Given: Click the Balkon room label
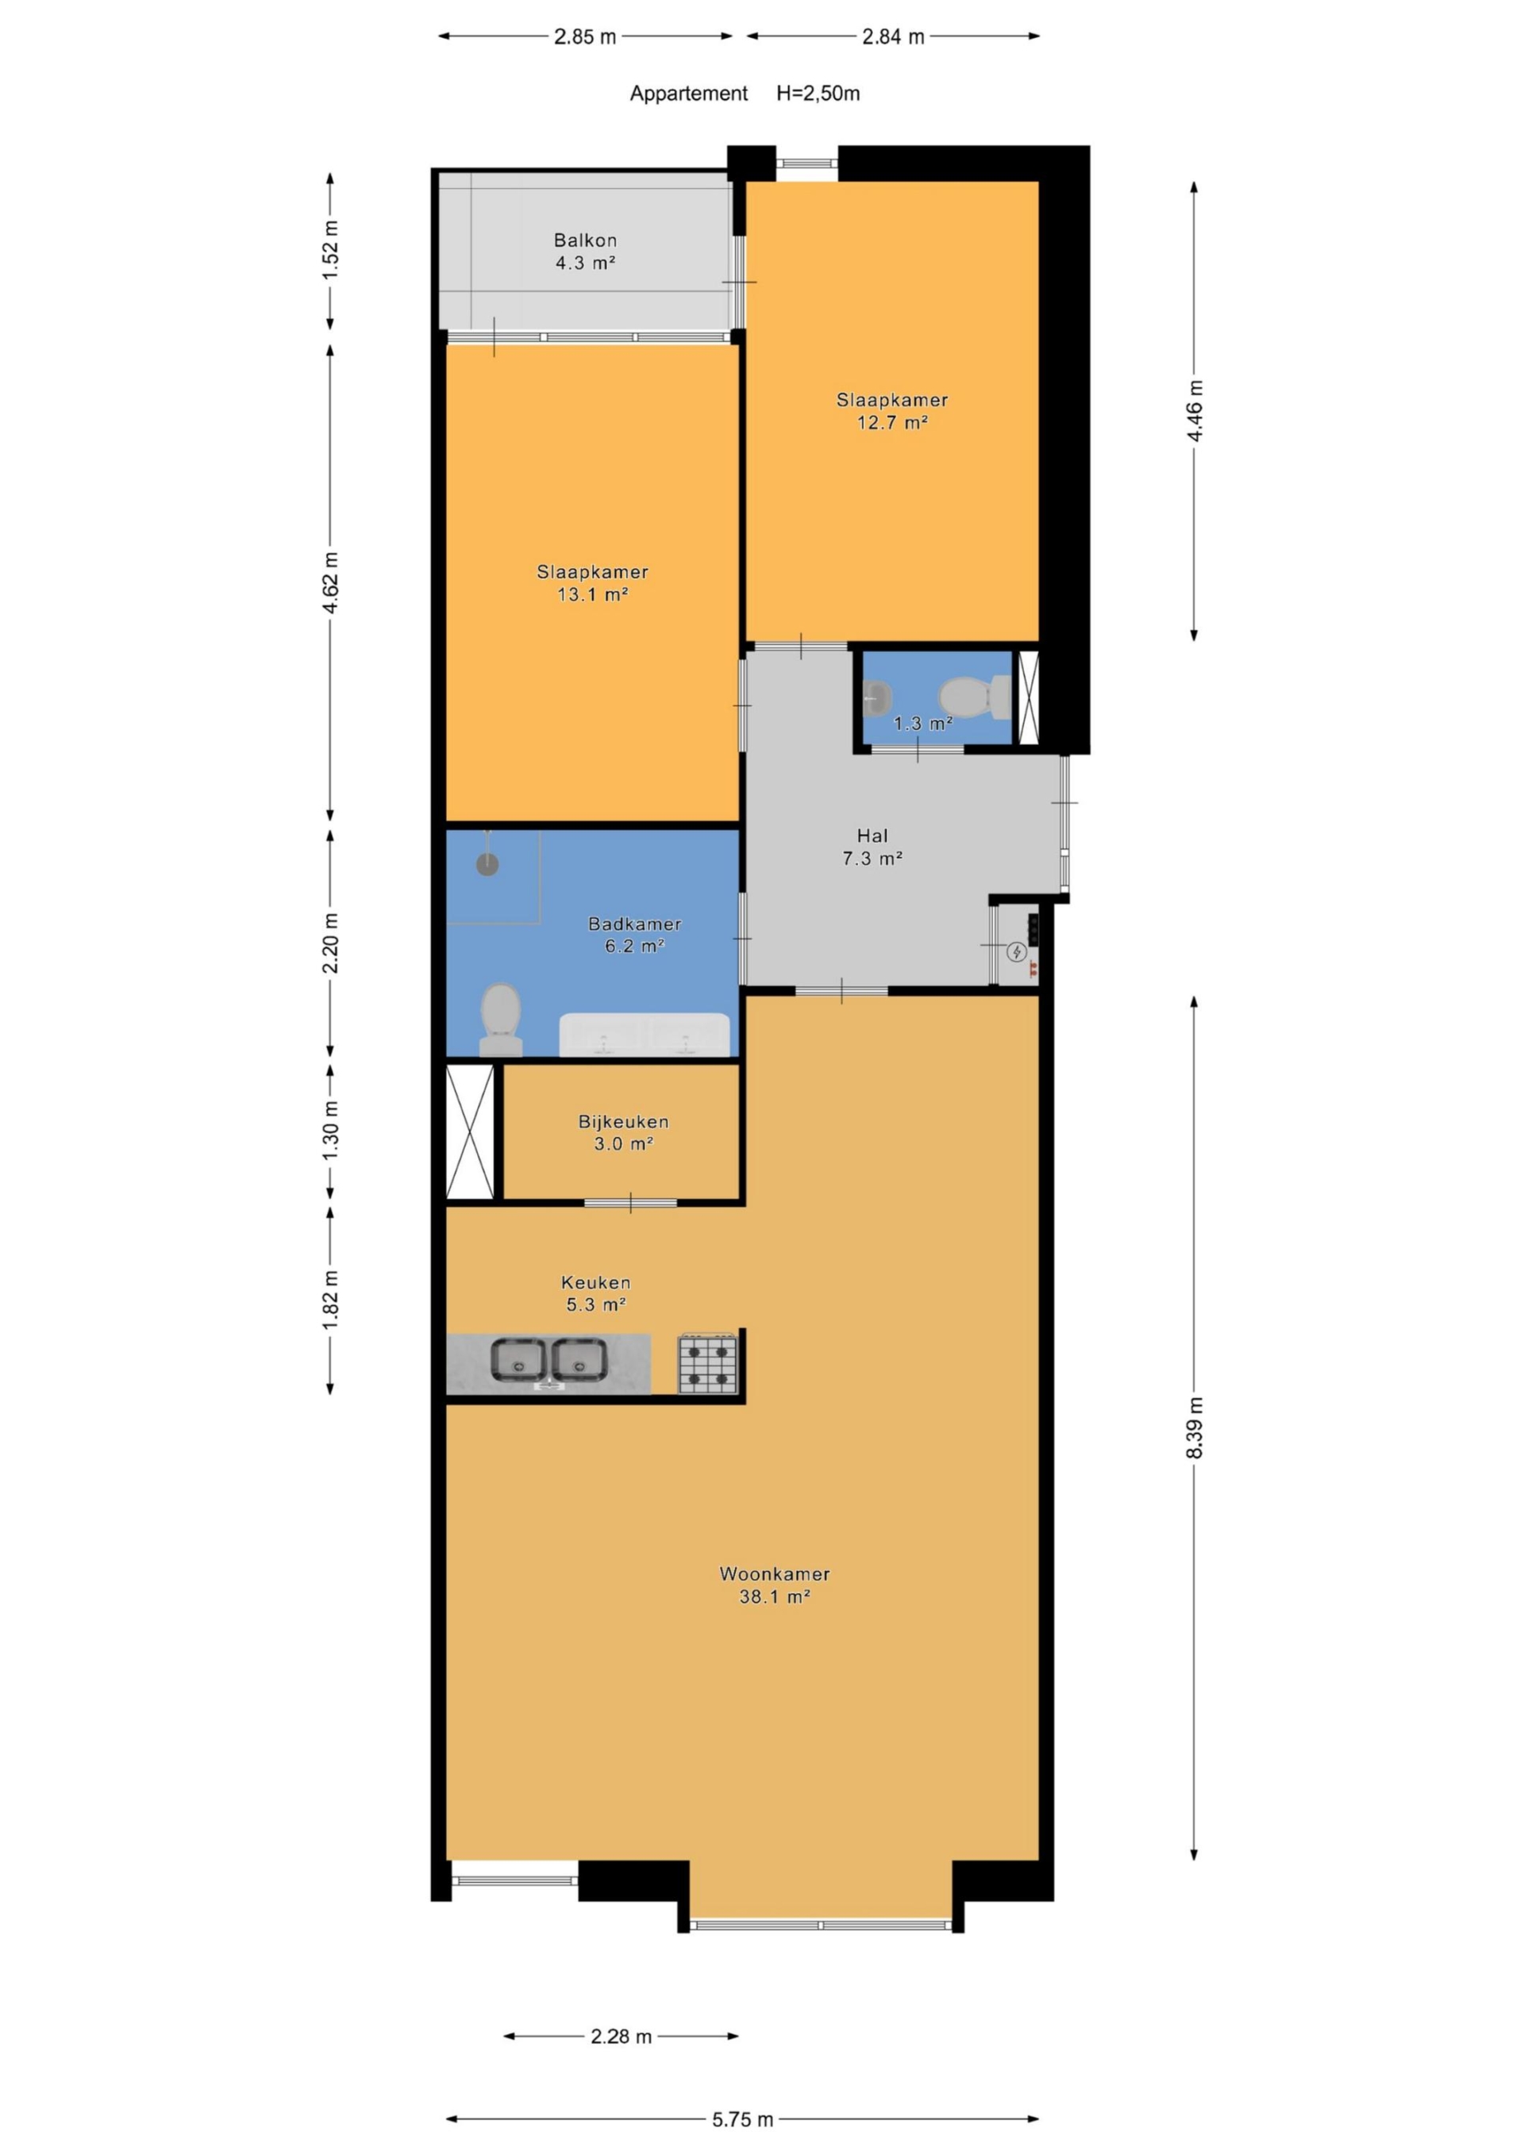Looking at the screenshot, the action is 585,252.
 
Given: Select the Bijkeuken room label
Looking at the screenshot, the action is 624,1132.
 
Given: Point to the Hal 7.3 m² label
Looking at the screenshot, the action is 872,847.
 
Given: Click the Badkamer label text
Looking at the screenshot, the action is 635,924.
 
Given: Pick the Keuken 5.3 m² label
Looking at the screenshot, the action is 595,1293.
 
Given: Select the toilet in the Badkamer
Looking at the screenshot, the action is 501,1020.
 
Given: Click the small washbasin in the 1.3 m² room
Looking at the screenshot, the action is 877,697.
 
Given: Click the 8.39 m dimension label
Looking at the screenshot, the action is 1195,1427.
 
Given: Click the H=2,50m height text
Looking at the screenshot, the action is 818,94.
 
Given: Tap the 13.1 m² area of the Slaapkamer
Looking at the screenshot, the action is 592,594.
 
